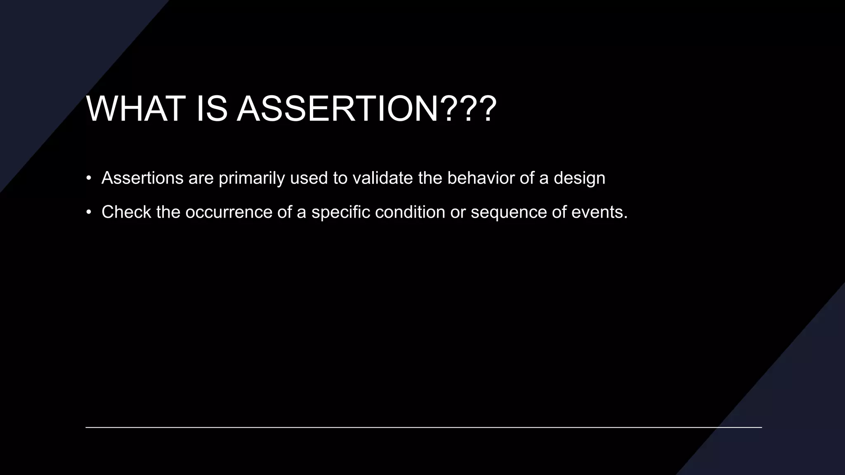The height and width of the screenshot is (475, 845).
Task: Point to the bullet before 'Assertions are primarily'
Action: [88, 178]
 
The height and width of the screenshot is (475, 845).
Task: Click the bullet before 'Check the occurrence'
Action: [88, 212]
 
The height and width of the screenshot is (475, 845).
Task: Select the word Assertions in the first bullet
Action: [142, 178]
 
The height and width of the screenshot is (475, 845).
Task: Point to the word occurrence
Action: [229, 212]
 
